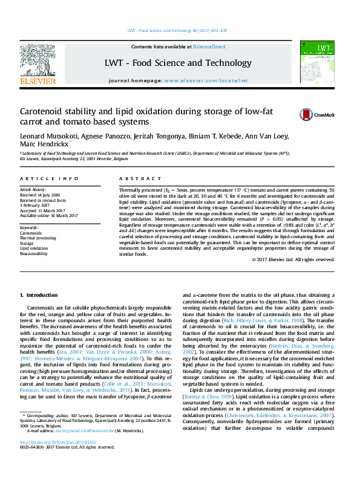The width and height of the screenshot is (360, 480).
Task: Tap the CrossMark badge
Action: [x=303, y=114]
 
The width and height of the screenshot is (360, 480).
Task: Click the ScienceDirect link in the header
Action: [x=209, y=47]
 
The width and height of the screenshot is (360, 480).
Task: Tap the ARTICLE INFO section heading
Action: [x=50, y=179]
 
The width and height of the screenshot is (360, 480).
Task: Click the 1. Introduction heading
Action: [x=39, y=294]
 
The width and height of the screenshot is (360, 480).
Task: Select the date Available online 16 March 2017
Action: [x=48, y=215]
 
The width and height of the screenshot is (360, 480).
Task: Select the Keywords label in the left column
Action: [x=30, y=227]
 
